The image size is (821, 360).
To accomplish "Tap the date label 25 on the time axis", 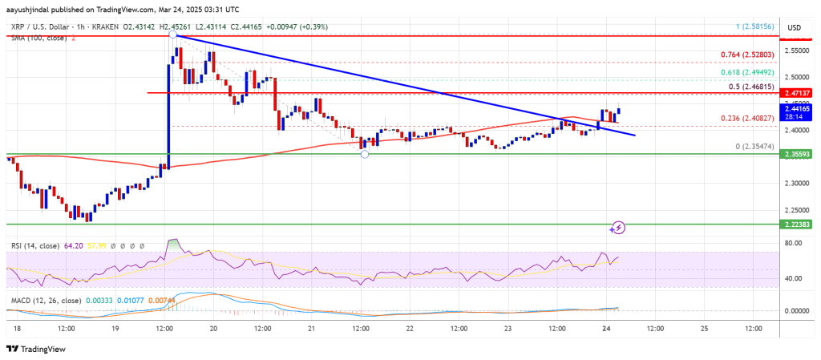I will (x=703, y=329).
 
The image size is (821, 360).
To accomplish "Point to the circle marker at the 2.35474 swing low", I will (x=365, y=153).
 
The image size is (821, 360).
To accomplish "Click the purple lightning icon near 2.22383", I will (x=617, y=229).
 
